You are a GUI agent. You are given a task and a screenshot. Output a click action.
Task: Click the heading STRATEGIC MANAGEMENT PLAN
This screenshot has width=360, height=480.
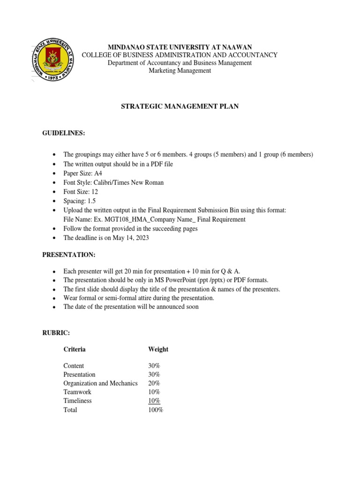180,107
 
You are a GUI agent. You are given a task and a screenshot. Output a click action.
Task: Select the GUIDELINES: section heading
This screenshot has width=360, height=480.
64,133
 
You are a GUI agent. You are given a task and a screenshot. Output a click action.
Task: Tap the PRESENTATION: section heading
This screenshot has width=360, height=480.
68,255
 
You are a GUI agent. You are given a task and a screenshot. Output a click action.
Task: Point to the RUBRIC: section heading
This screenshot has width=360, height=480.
56,332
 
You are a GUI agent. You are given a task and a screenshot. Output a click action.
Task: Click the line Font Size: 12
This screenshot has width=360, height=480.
81,192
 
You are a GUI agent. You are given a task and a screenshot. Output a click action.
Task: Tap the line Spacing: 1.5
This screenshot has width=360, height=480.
79,201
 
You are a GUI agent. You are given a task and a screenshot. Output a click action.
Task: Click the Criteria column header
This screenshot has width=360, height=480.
75,349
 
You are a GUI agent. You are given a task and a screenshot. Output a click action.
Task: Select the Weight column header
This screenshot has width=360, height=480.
158,349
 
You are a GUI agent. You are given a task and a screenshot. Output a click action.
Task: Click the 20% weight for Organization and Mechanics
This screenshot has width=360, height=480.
154,383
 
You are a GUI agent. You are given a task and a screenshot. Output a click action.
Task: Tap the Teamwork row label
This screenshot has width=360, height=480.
77,392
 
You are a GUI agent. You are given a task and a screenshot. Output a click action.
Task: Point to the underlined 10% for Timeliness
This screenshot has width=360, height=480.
154,401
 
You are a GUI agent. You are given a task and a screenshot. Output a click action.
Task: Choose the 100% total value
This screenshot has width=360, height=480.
156,410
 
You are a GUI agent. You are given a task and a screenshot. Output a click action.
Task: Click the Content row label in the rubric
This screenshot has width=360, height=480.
74,366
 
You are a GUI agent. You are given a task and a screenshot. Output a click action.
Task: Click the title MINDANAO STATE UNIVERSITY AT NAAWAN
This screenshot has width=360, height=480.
180,47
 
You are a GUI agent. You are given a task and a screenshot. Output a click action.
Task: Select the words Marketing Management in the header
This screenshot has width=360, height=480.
180,71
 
